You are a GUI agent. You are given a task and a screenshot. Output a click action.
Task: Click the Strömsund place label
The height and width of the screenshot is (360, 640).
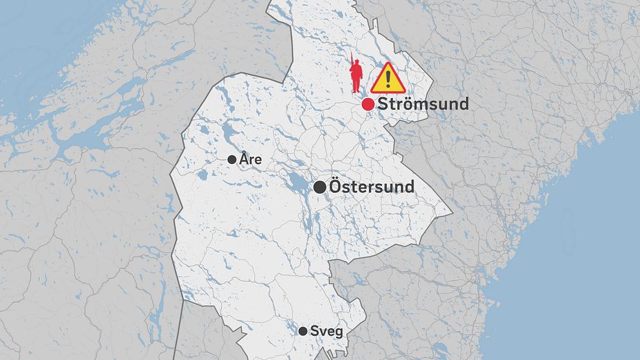click(423, 104)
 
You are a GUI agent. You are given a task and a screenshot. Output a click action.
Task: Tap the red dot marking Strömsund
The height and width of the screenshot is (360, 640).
click(368, 104)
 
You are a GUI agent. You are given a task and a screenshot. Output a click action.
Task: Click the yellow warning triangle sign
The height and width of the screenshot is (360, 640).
click(387, 78)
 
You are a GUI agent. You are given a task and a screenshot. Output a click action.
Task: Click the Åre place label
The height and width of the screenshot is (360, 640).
click(250, 159)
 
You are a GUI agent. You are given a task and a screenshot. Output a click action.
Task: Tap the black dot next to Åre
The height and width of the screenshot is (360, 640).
click(232, 159)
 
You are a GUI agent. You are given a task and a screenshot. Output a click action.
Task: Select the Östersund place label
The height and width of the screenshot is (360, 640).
click(372, 186)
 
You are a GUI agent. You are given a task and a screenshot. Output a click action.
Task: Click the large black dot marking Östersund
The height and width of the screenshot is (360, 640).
click(319, 187)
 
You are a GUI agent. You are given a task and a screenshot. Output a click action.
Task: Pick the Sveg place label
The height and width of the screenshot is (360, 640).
click(326, 331)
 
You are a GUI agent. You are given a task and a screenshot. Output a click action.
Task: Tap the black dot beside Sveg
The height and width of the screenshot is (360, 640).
click(303, 331)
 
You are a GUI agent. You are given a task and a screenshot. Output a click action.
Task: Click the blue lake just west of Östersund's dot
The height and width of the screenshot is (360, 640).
click(297, 185)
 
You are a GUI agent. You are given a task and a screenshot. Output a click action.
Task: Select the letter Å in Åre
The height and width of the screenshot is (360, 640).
click(244, 158)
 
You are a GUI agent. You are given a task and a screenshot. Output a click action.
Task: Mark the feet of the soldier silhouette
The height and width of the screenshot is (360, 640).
click(355, 91)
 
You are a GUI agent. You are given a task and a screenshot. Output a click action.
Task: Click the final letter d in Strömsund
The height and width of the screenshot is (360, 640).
click(463, 104)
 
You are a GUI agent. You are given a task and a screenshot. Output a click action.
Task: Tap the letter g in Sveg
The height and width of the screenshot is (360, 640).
click(337, 332)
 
